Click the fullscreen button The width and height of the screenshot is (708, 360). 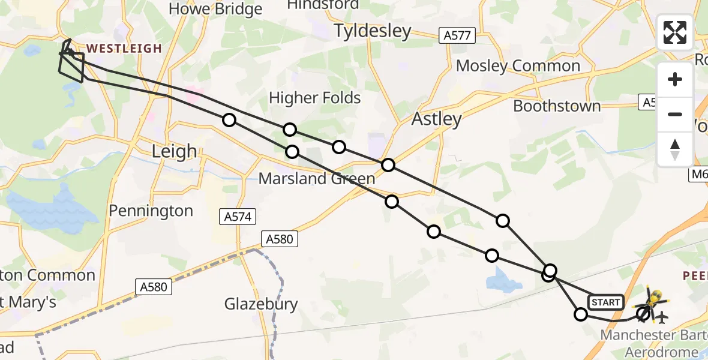point(675,32)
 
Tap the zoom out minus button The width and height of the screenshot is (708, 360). point(675,114)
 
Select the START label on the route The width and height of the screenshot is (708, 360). point(605,302)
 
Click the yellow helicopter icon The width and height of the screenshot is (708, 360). point(656,298)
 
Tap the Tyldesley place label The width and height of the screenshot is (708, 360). point(373,31)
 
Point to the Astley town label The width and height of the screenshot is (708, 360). point(436,119)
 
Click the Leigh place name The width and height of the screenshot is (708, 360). point(174,151)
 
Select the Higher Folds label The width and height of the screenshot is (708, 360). point(314,98)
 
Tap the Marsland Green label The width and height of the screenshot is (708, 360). point(317,178)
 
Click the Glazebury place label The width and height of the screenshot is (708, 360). point(261,304)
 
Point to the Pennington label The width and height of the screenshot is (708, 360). point(151,211)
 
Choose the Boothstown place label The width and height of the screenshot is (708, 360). point(557,106)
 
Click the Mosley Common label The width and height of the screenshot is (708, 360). point(518,65)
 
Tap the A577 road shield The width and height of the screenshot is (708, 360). point(457,36)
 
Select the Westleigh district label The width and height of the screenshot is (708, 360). point(124,49)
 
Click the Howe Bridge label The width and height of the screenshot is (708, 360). point(215,9)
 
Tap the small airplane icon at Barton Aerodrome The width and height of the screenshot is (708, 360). point(662,316)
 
